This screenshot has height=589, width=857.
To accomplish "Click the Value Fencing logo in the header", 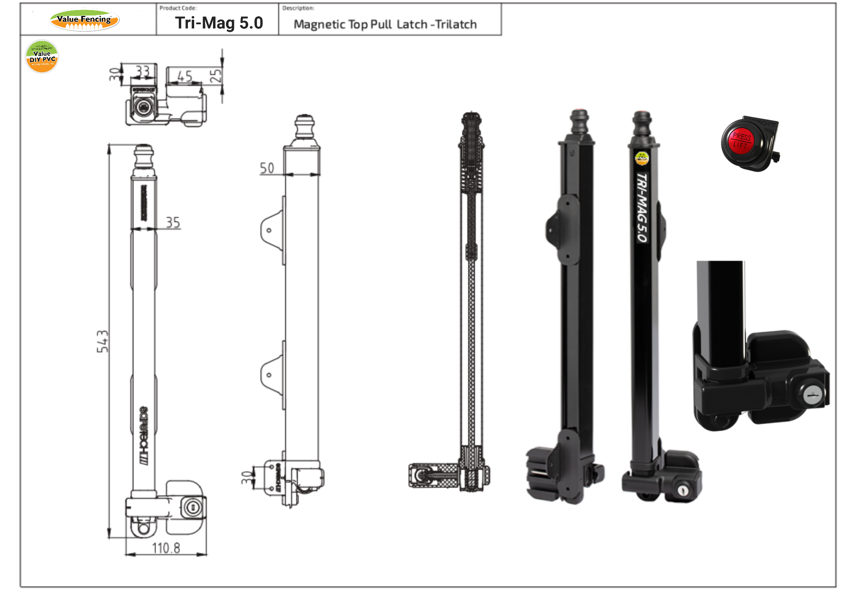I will point(85,20).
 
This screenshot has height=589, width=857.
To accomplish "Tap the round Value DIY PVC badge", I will point(42,56).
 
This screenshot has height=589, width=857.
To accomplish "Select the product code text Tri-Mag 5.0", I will point(219,23).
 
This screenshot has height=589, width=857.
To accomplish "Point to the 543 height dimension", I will point(103,341).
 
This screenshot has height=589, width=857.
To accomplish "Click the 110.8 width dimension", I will point(166,548).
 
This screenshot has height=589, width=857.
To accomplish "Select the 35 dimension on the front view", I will point(173,222).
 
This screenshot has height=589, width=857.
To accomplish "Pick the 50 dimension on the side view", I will point(267,168).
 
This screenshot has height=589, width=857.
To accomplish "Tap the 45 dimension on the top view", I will point(185,76).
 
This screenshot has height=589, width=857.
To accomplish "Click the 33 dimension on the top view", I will point(143,71).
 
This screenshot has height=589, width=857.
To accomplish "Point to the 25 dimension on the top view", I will point(215,76).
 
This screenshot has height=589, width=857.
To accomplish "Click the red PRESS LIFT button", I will point(741,141).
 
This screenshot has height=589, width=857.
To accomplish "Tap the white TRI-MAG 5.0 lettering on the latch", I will point(641,207).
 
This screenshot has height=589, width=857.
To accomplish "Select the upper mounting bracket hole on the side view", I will point(269,230).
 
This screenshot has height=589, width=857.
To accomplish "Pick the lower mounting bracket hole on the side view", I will point(269,375).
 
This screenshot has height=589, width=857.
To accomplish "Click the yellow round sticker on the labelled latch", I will point(641,158).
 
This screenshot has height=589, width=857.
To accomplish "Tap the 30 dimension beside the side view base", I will point(246,477).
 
